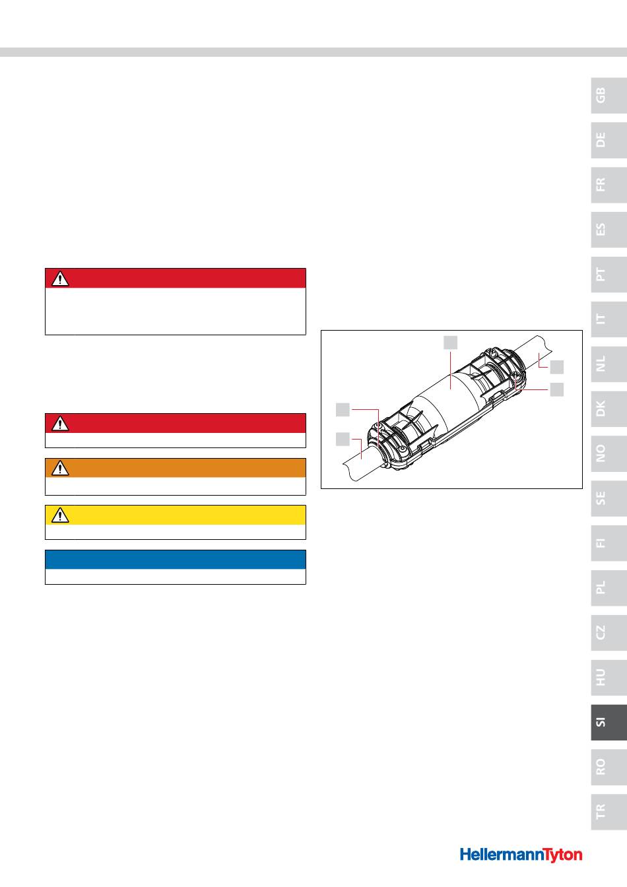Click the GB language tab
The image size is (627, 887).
pyautogui.click(x=609, y=96)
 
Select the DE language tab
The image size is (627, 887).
pyautogui.click(x=609, y=140)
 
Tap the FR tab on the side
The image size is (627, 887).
pyautogui.click(x=609, y=185)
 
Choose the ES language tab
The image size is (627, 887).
pyautogui.click(x=609, y=230)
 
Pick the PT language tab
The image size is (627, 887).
pyautogui.click(x=609, y=275)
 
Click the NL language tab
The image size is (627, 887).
pyautogui.click(x=609, y=364)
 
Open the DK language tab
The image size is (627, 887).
pyautogui.click(x=609, y=409)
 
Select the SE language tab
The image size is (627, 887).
pyautogui.click(x=609, y=498)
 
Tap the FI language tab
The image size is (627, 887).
pyautogui.click(x=609, y=543)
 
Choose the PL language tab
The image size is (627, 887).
pyautogui.click(x=609, y=587)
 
